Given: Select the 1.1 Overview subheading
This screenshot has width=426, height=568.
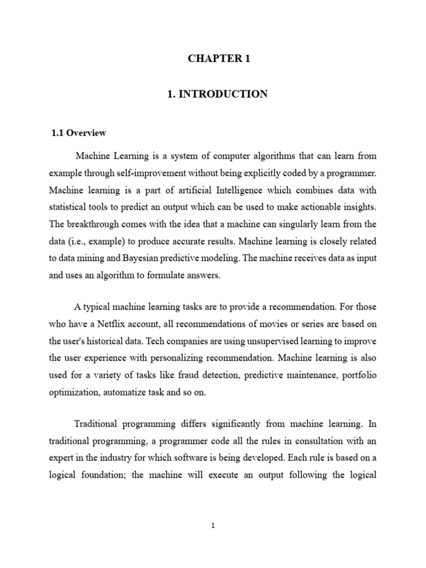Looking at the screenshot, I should tap(79, 133).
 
